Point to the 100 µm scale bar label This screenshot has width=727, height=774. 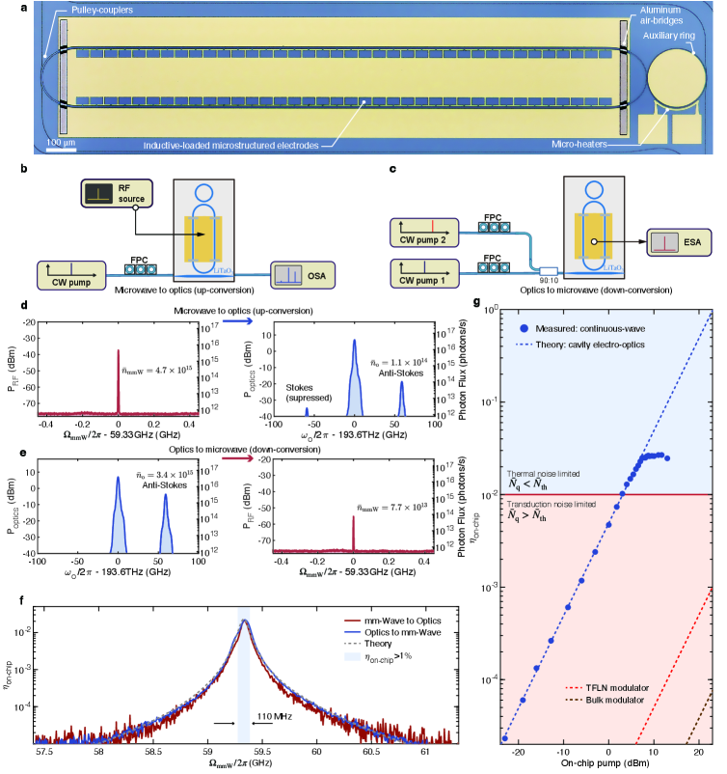coord(63,142)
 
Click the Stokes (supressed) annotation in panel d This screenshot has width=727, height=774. coord(309,386)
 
